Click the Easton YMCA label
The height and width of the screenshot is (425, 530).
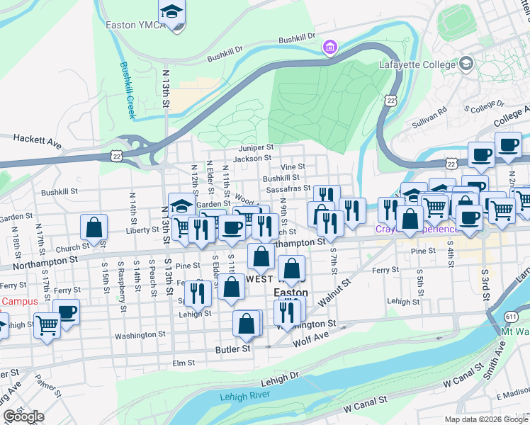click(135, 25)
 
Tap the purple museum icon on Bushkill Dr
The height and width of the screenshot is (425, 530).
click(329, 48)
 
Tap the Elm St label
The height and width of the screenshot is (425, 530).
click(183, 363)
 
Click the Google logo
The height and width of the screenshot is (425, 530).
click(24, 416)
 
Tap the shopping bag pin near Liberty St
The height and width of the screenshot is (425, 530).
click(94, 227)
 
